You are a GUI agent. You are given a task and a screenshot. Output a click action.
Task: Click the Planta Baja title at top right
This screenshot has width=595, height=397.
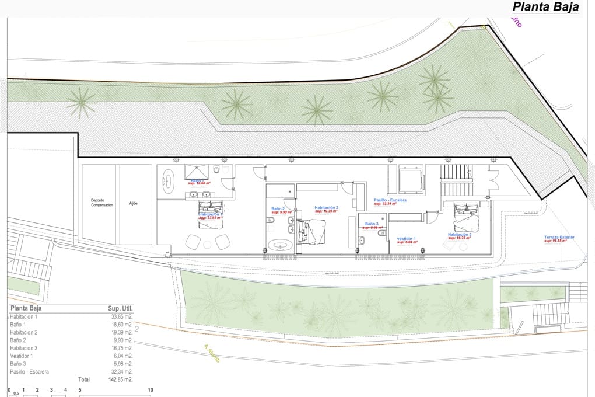point(545,7)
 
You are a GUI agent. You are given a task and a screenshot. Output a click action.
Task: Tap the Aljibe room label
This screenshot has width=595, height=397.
point(134,203)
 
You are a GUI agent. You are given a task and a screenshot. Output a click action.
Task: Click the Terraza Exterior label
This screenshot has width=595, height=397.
point(559,237)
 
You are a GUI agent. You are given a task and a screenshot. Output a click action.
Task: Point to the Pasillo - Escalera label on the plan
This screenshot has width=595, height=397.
point(390,200)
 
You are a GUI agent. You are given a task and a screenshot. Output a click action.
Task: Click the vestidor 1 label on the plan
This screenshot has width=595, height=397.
point(406,238)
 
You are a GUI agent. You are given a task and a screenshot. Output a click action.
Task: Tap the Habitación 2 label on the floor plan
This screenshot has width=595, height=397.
point(326,207)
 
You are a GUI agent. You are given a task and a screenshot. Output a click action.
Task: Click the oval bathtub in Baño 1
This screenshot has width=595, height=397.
point(169,181)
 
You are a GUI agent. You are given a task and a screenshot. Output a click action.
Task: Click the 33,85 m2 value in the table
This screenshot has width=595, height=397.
point(122,316)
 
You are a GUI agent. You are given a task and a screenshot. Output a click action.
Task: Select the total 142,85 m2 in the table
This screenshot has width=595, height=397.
point(120,379)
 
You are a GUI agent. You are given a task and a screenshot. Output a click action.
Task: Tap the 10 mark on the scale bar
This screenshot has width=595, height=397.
point(150,390)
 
